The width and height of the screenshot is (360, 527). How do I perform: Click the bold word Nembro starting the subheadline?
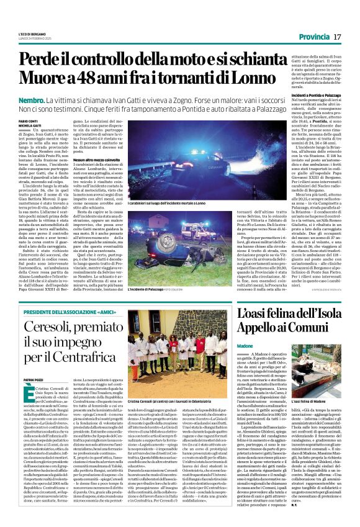coord(31,100)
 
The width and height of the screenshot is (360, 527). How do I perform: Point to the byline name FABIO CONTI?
coord(29,122)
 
